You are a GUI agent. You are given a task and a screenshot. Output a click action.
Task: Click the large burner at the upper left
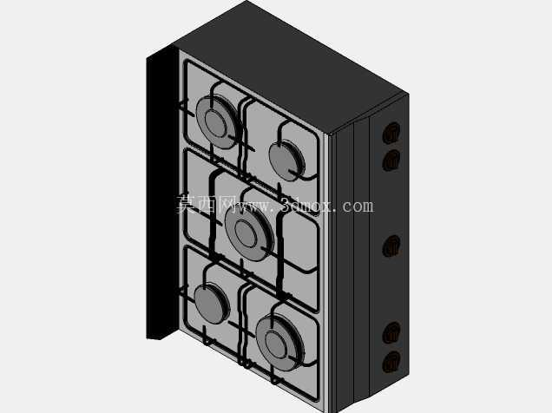tap(216, 122)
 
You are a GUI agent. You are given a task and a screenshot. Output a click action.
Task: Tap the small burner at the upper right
tap(286, 161)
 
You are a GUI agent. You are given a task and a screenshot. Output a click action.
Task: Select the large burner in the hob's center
tap(249, 233)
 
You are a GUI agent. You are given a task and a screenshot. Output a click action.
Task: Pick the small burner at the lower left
tap(212, 303)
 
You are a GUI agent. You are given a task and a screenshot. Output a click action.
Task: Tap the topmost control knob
tap(391, 133)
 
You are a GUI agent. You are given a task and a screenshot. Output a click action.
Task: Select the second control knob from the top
tap(391, 161)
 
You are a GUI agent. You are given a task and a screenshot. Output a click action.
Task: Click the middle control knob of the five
tap(391, 246)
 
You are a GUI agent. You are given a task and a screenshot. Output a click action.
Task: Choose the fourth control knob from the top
tap(391, 333)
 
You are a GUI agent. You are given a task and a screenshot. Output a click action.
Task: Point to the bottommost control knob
tap(391, 362)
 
